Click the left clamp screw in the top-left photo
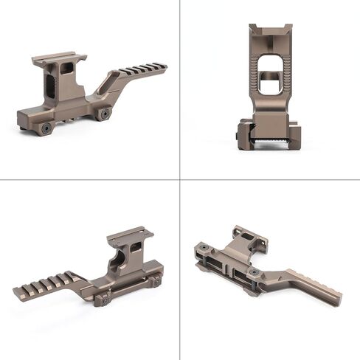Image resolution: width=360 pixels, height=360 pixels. [x=46, y=128]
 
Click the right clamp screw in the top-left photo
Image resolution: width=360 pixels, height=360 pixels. [x=105, y=114]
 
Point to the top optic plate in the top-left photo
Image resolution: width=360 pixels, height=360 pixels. [x=58, y=58]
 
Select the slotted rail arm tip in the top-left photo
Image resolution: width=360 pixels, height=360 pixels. [x=160, y=68]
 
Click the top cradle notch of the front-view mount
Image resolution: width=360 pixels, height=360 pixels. [x=271, y=31]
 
